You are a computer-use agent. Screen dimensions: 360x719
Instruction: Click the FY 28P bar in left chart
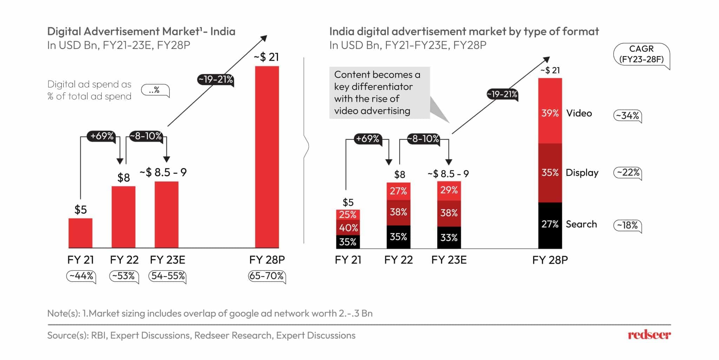coord(267,157)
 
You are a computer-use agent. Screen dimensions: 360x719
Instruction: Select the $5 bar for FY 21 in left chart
coord(80,233)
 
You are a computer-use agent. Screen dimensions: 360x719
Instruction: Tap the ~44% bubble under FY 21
coord(81,276)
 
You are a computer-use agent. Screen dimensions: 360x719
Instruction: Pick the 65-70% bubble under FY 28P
coord(266,276)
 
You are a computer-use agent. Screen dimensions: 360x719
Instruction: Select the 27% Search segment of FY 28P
coord(550,225)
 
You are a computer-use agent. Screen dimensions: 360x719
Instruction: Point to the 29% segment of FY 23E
coord(449,191)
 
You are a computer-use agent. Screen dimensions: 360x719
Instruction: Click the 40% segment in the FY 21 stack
coord(348,228)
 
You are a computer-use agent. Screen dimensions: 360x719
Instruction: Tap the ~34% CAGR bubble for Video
coord(627,116)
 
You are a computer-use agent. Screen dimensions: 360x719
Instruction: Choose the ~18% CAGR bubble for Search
coord(627,225)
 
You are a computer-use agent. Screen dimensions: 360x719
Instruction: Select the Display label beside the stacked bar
coord(582,173)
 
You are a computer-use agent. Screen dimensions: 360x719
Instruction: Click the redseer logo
coord(649,335)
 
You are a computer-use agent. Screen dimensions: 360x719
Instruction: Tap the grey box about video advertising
coord(379,93)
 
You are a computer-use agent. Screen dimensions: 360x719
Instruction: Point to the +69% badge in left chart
coord(102,136)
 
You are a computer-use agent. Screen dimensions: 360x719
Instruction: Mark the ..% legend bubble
coord(154,90)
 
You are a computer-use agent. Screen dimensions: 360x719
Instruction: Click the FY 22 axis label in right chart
coord(398,260)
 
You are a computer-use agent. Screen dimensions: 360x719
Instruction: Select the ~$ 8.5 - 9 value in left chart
coord(163,172)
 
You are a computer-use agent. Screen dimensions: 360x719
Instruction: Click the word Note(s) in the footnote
coord(63,313)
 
